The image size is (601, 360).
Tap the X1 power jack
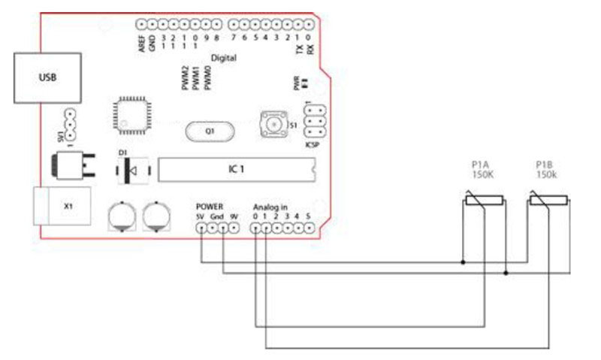tap(67, 206)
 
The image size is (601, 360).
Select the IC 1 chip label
tap(235, 170)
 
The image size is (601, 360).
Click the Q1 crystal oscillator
tap(210, 131)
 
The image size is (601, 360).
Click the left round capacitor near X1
tap(121, 216)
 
